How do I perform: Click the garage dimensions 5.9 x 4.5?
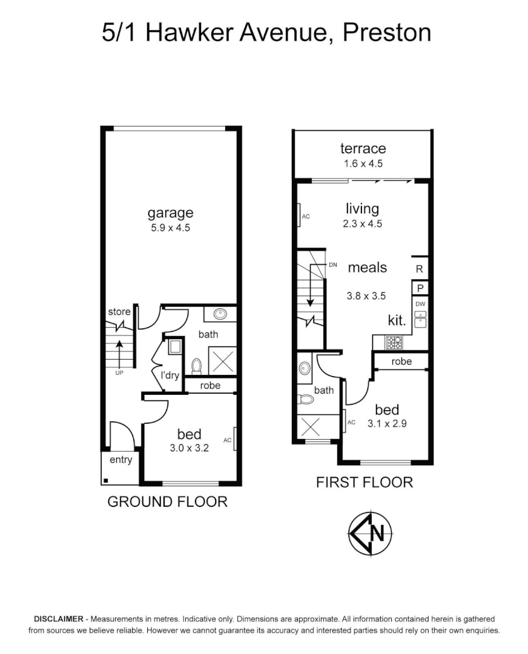tap(171, 228)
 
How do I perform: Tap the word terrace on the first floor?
tap(363, 148)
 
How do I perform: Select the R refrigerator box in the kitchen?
tap(420, 268)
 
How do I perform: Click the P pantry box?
tap(420, 288)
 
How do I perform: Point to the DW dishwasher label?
tap(420, 304)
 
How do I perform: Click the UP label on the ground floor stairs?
tap(119, 372)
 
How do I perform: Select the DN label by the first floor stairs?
tap(332, 265)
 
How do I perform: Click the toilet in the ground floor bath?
tap(196, 366)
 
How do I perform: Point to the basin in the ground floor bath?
tap(219, 315)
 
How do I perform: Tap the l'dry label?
tap(170, 375)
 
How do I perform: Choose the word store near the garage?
tap(119, 312)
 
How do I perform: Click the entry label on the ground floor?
tap(120, 460)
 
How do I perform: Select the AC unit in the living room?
tap(300, 216)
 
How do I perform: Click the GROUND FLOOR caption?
tap(167, 501)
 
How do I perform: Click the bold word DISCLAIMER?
tap(59, 619)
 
